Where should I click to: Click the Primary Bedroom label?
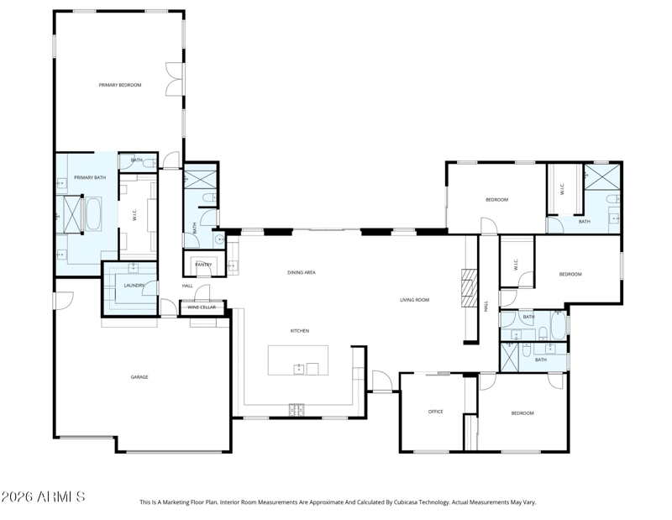pyautogui.click(x=120, y=85)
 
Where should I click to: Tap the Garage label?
pyautogui.click(x=139, y=377)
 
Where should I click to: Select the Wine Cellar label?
pyautogui.click(x=202, y=307)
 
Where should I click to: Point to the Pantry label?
pyautogui.click(x=203, y=265)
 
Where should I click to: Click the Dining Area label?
pyautogui.click(x=302, y=272)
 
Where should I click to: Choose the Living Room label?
pyautogui.click(x=414, y=300)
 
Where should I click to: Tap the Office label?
pyautogui.click(x=435, y=412)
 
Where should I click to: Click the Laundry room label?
pyautogui.click(x=134, y=286)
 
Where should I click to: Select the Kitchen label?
pyautogui.click(x=300, y=331)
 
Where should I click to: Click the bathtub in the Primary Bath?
pyautogui.click(x=93, y=214)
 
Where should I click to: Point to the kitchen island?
pyautogui.click(x=298, y=360)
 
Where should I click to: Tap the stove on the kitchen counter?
pyautogui.click(x=297, y=410)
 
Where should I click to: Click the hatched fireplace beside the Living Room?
pyautogui.click(x=469, y=288)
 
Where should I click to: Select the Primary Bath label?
pyautogui.click(x=90, y=177)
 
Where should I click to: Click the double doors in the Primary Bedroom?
pyautogui.click(x=175, y=79)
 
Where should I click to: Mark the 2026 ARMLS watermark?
pyautogui.click(x=43, y=496)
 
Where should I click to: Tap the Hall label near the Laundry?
pyautogui.click(x=187, y=286)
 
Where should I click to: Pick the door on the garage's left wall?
pyautogui.click(x=63, y=301)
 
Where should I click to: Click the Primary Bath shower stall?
pyautogui.click(x=72, y=214)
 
